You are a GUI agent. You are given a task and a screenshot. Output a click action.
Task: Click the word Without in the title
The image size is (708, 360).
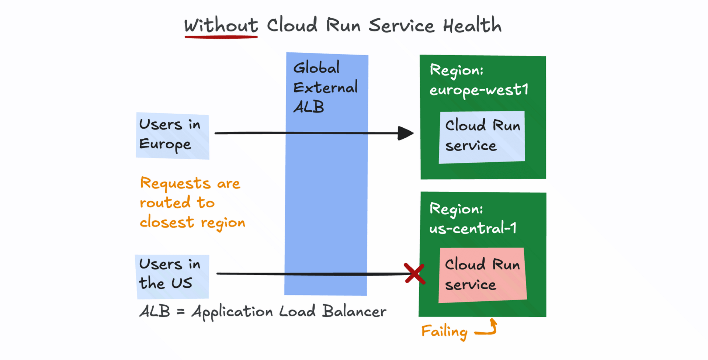(x=221, y=25)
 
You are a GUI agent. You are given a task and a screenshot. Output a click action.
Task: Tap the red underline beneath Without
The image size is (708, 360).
(x=221, y=37)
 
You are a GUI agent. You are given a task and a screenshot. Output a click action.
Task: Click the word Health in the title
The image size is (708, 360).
(x=472, y=25)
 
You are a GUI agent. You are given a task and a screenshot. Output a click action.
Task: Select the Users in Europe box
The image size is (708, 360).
(x=172, y=135)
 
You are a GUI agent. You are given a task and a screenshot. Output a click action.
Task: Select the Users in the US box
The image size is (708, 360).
(x=172, y=276)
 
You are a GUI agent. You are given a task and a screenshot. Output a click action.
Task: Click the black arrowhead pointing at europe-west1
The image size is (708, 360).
(x=405, y=133)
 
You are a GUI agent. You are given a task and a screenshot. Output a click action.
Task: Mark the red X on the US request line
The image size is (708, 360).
(x=414, y=273)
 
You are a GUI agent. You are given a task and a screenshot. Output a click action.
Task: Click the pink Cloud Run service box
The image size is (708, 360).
(x=482, y=275)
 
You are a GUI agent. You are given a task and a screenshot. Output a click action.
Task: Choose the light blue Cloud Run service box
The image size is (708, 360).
(x=482, y=136)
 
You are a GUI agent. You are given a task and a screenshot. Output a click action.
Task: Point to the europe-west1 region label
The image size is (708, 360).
(x=479, y=90)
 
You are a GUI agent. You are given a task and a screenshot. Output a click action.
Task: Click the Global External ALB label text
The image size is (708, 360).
(x=325, y=87)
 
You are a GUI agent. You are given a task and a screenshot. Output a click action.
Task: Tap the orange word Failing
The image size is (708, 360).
(x=444, y=332)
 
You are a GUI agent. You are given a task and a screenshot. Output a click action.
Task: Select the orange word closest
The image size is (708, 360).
(x=167, y=222)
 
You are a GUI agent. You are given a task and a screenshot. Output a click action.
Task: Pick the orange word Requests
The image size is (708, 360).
(x=175, y=183)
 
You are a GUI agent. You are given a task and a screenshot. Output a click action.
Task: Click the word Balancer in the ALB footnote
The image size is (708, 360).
(x=354, y=312)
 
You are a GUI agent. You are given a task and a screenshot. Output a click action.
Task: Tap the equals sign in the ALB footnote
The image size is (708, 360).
(x=180, y=312)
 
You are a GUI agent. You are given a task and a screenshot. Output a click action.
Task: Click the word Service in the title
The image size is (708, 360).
(x=402, y=25)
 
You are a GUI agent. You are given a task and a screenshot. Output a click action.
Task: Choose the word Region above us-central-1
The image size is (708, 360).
(x=456, y=210)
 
